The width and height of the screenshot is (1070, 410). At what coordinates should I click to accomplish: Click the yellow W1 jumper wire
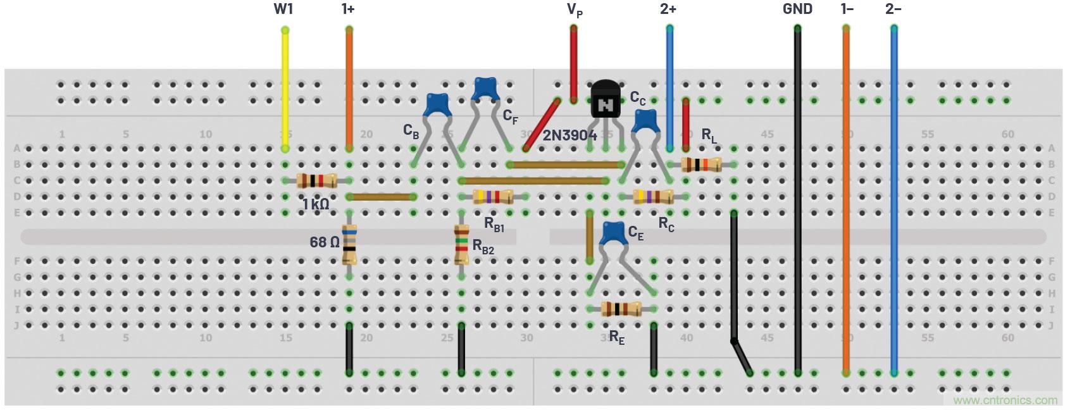pos(285,89)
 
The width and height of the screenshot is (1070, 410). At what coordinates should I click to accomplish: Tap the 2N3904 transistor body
pos(606,101)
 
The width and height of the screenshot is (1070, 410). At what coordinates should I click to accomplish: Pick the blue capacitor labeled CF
pos(485,88)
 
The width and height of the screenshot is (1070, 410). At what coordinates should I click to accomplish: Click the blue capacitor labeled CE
pos(612,233)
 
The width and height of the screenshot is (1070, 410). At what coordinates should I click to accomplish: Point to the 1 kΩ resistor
pos(316,181)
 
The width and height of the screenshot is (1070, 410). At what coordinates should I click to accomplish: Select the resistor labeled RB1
pos(494,197)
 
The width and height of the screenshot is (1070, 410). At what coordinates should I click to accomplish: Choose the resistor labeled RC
pos(653,197)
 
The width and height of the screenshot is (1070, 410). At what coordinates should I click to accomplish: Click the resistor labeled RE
pos(621,309)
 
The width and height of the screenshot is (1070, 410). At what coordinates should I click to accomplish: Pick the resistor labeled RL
pos(701,165)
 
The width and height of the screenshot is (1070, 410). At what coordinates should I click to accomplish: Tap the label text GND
pos(797,9)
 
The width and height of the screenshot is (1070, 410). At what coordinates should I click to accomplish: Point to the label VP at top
pos(574,9)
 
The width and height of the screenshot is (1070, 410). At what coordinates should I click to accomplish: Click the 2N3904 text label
pos(569,135)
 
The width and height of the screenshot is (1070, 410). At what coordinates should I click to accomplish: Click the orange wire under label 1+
pos(349,89)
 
